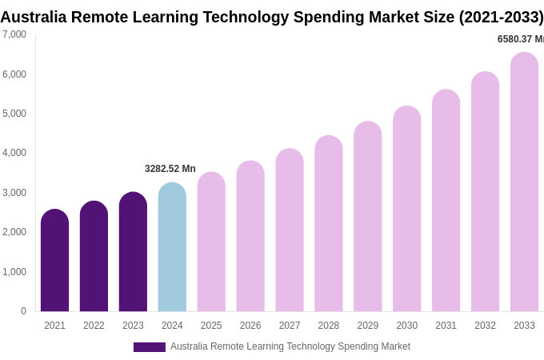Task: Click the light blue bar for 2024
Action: point(172,247)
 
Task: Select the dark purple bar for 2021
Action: point(54,261)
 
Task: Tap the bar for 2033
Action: point(524,182)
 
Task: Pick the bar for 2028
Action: point(329,224)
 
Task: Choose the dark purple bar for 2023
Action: point(133,252)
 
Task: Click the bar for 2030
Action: point(406,209)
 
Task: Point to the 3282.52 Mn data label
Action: point(170,169)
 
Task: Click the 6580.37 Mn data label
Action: point(520,39)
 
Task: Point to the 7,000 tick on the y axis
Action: point(14,34)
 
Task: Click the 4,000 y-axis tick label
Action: point(14,153)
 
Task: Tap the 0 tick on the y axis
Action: point(23,311)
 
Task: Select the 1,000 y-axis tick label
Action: point(14,272)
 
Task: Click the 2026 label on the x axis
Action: point(250,326)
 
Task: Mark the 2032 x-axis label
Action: point(485,326)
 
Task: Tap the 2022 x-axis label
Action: point(94,326)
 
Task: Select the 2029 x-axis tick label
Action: point(368,326)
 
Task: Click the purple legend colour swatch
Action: point(149,347)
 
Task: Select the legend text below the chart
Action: point(290,346)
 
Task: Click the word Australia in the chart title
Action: point(34,17)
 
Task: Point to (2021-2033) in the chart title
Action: point(501,17)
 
